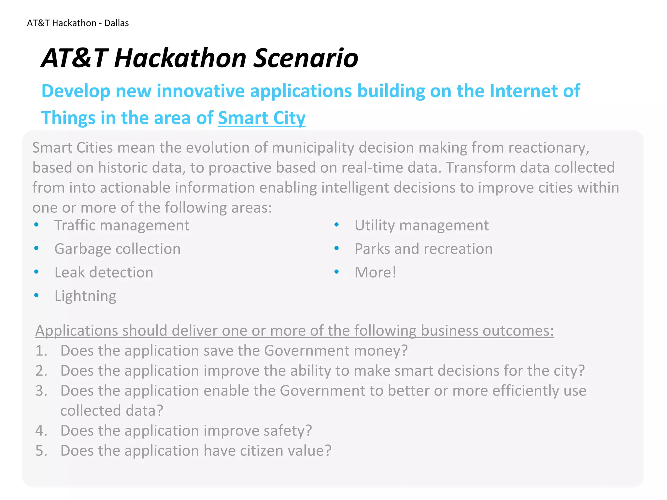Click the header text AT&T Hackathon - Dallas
coord(78,23)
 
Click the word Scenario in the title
coord(305,58)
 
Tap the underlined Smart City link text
coord(262,118)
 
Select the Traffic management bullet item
coord(121,225)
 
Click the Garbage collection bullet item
coord(117,249)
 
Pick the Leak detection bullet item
coord(104,272)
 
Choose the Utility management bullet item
coord(421,225)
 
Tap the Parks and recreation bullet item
coord(423,249)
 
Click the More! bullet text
coord(375,272)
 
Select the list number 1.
coord(41,351)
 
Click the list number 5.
coord(41,451)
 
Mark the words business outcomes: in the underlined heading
coord(487,331)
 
